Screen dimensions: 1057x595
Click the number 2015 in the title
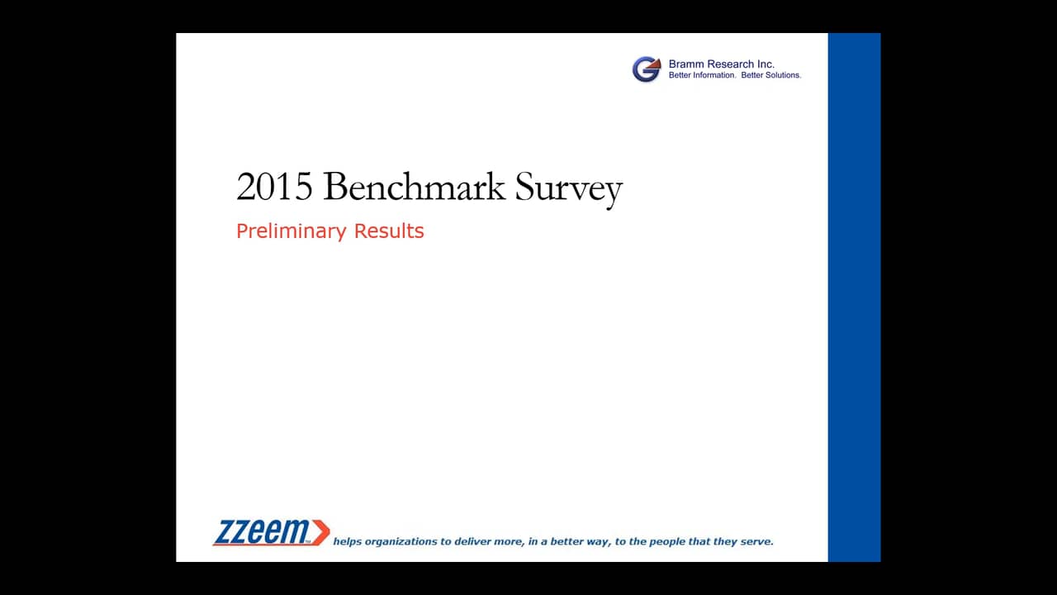point(274,187)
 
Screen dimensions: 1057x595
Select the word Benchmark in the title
point(415,186)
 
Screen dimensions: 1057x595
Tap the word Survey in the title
point(569,189)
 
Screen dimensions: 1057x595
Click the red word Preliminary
point(292,231)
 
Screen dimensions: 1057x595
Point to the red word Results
point(389,231)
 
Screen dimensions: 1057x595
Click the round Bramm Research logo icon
point(647,69)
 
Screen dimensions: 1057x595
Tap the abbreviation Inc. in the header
point(765,64)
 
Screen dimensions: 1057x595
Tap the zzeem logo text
point(262,532)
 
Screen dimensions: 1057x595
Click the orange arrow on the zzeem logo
point(321,533)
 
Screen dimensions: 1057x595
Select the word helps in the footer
point(348,541)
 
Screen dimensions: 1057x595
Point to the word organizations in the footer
point(401,542)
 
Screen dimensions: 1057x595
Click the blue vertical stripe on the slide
point(854,297)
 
